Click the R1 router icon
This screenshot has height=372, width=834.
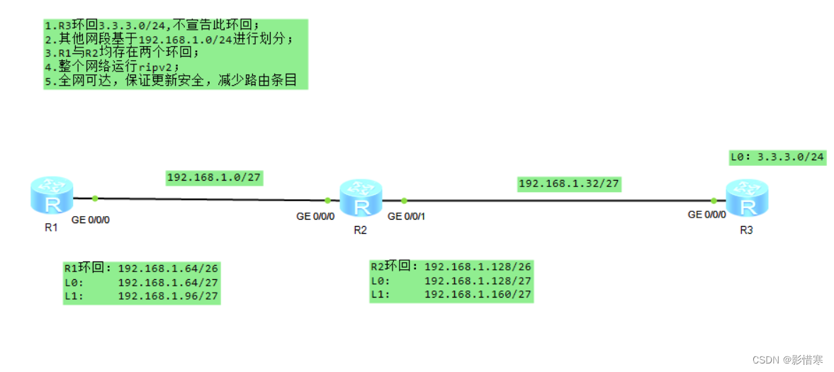tap(52, 196)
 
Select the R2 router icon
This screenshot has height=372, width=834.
tap(361, 198)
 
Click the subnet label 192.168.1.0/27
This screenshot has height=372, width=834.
tap(215, 178)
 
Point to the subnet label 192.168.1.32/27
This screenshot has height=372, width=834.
tap(569, 184)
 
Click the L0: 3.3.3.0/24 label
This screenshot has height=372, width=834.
tap(777, 157)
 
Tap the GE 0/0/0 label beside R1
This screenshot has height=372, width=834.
tap(91, 220)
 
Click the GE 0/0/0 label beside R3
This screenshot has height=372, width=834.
tap(707, 215)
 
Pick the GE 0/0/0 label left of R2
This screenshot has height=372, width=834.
tap(315, 216)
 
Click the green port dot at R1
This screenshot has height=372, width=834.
tap(94, 199)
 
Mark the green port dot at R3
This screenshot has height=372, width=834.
tap(714, 201)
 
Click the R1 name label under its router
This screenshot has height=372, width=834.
tap(50, 228)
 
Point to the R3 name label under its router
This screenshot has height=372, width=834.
tap(746, 230)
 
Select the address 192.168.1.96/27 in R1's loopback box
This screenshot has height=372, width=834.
tap(168, 296)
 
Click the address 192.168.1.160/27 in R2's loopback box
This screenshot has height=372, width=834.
tap(478, 294)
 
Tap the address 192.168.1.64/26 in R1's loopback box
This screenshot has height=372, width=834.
tap(168, 269)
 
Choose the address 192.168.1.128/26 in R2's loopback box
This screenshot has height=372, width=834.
tap(478, 266)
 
